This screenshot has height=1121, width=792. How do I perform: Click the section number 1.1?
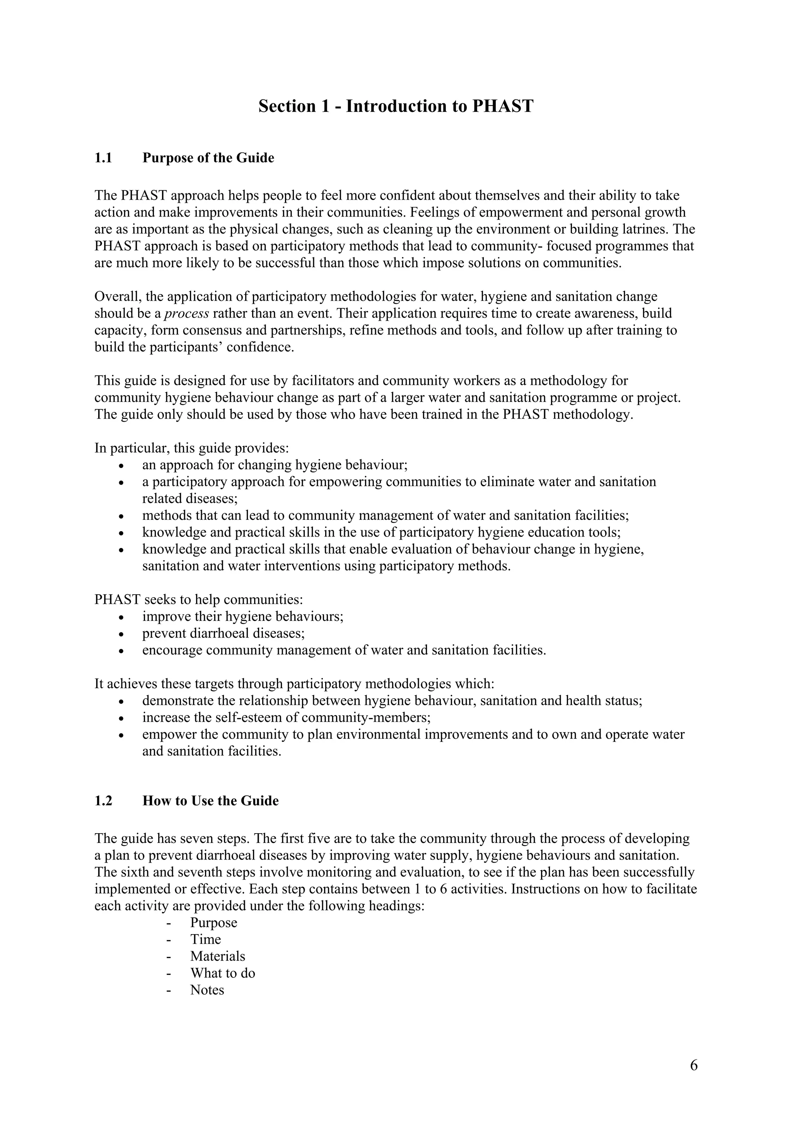[x=104, y=158]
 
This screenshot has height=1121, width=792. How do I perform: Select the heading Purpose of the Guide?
[x=208, y=158]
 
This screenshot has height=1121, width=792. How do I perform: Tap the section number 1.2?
[x=104, y=801]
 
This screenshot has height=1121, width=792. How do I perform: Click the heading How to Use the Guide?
[x=210, y=801]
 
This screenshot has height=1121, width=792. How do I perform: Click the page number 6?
[x=693, y=1065]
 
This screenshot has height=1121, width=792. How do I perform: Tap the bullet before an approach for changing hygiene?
[x=121, y=465]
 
